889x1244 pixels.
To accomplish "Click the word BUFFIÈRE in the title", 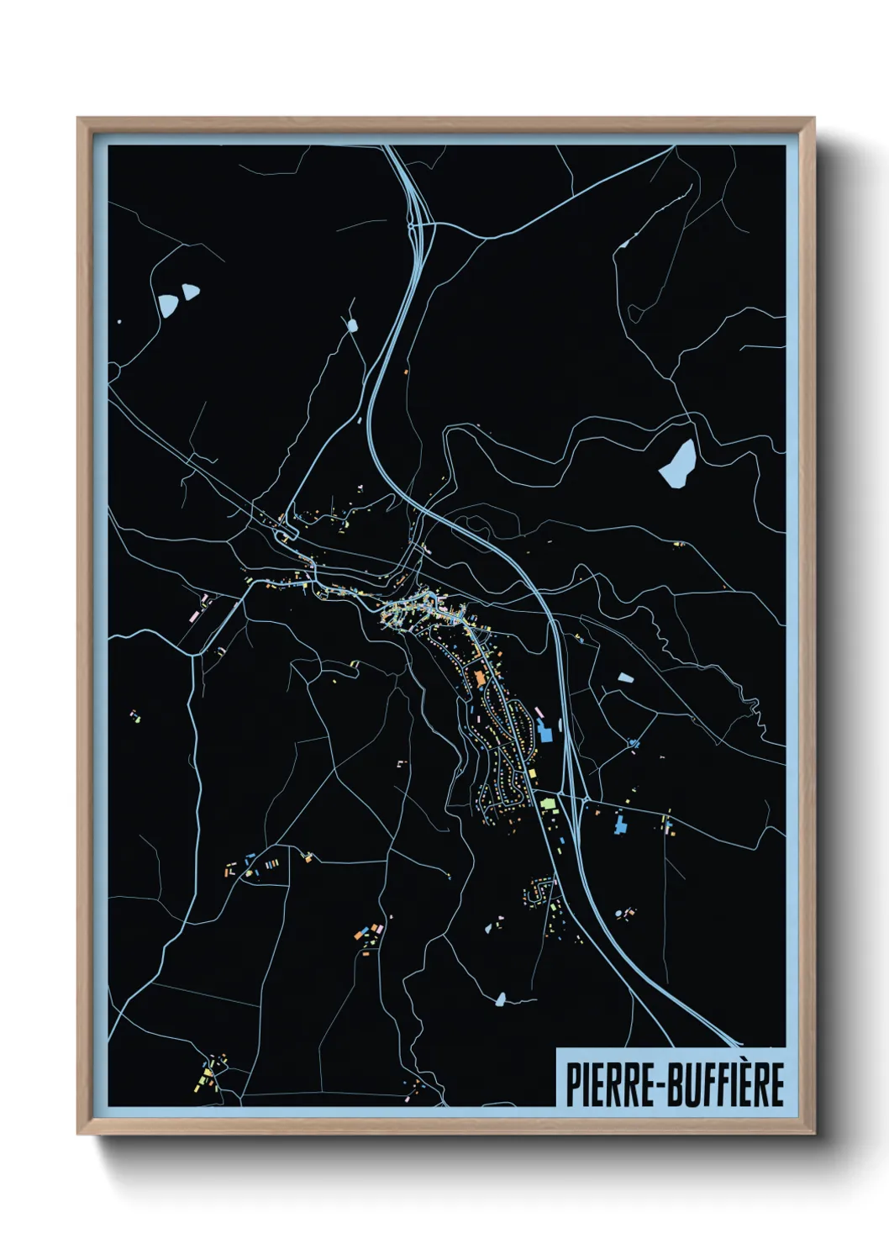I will coord(728,1085).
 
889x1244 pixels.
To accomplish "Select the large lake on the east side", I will coord(678,462).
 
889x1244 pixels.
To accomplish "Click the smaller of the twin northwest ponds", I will coord(191,292).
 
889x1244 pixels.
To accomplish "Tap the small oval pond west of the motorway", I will coord(351,324).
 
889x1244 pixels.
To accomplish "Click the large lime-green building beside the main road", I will coord(548,804).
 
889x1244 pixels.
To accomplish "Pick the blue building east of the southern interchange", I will coord(620,824).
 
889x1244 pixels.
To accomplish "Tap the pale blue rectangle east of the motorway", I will coord(624,676).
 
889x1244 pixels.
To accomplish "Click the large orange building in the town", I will coord(480,677).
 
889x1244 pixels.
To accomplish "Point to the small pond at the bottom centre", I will coord(501,999).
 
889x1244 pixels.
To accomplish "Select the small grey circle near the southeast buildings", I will coord(620,914).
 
